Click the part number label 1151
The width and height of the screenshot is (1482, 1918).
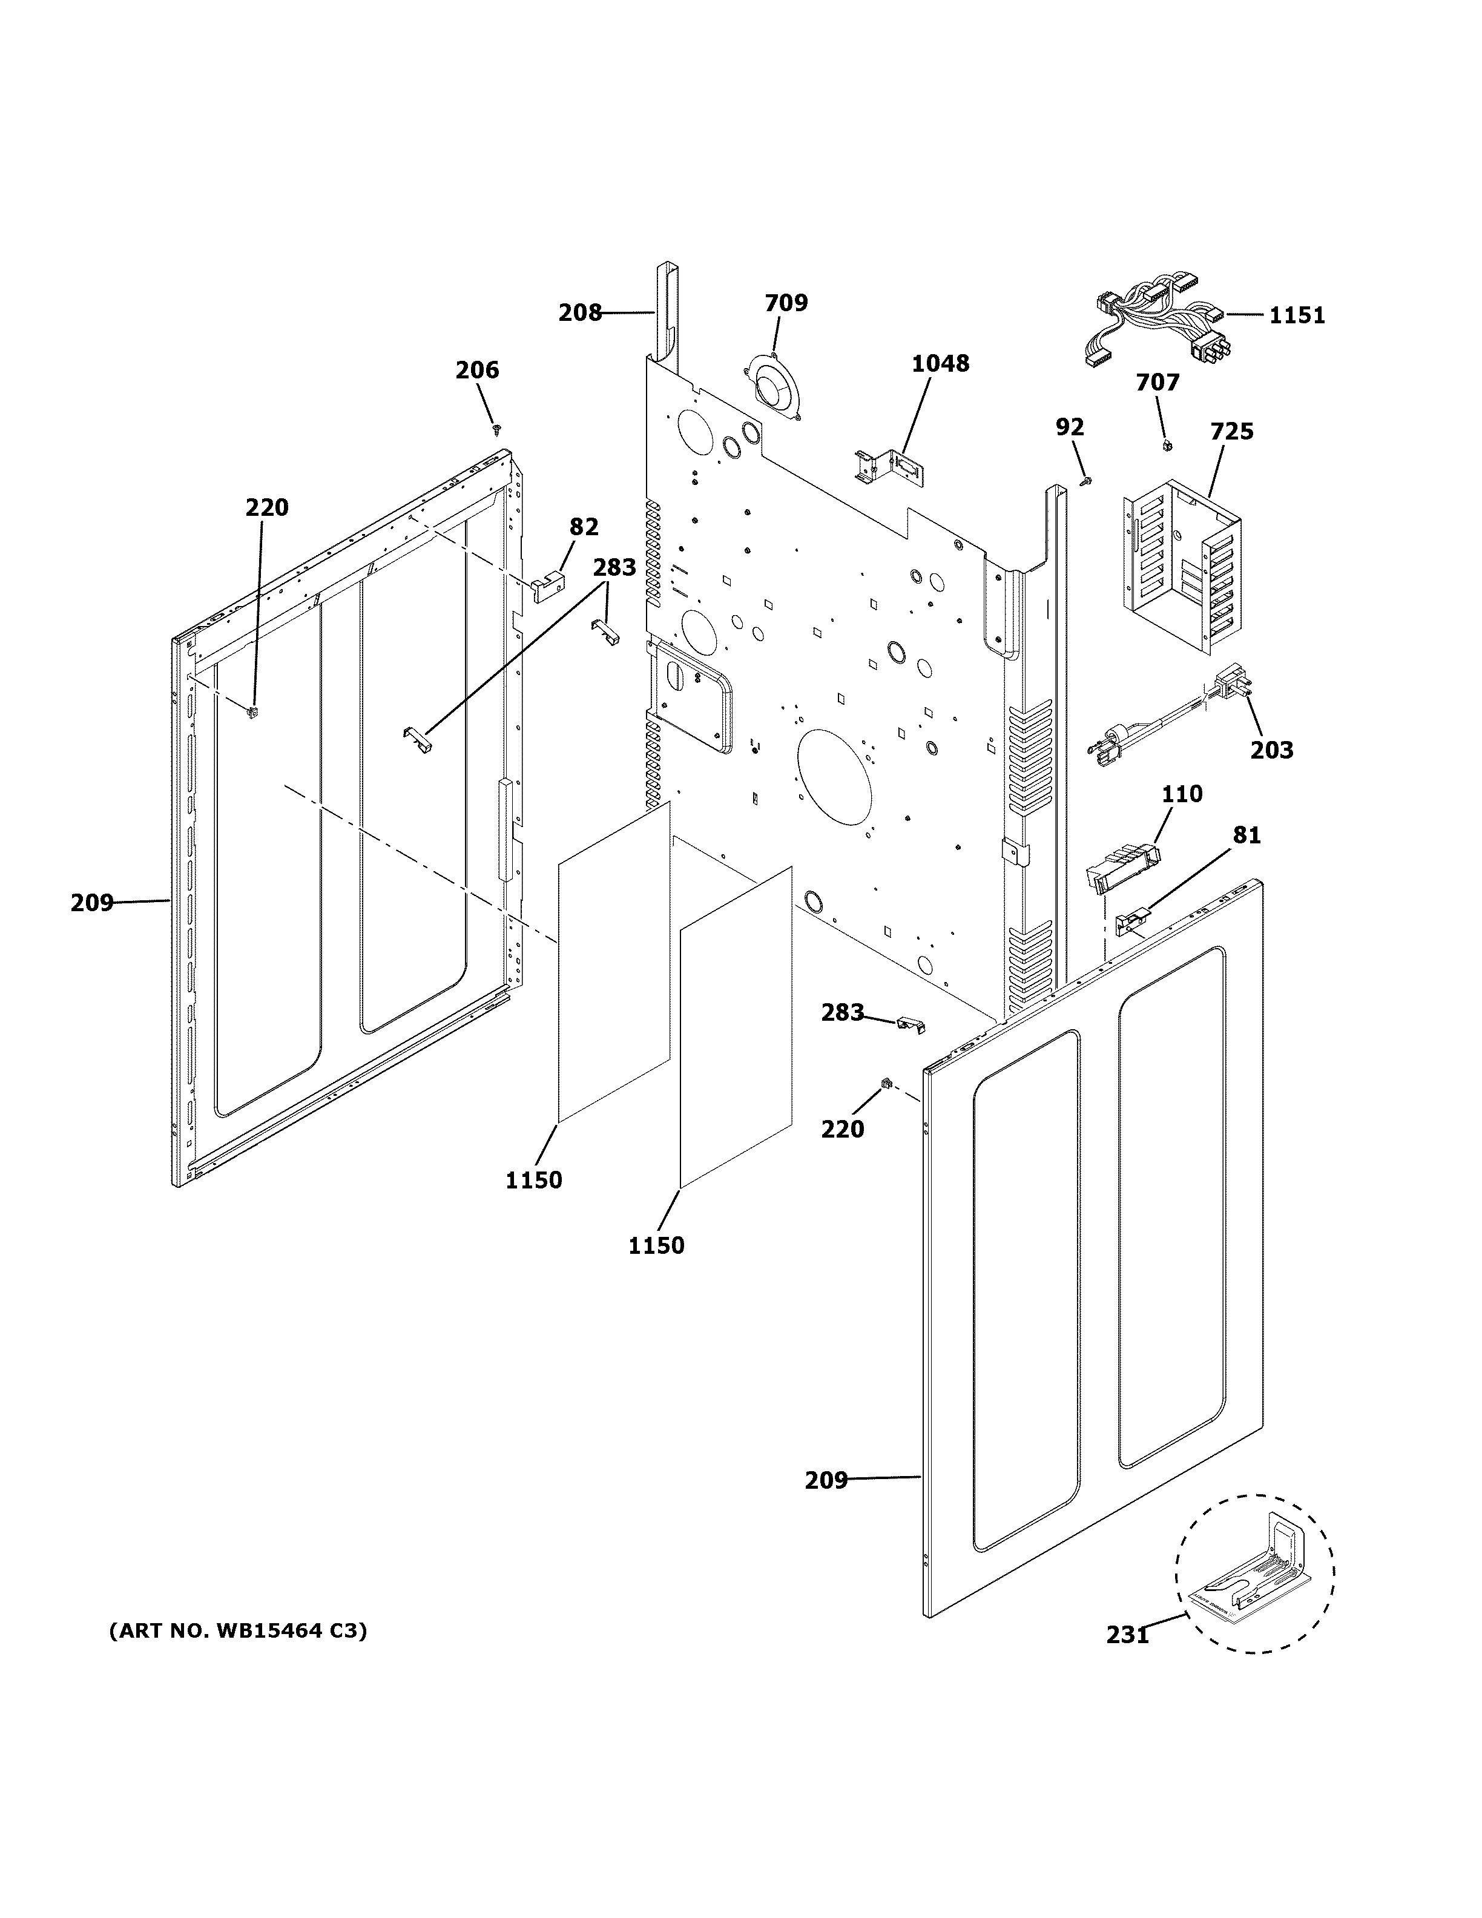1296,315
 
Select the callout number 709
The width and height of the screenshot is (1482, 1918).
786,303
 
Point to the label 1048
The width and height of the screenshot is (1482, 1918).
940,364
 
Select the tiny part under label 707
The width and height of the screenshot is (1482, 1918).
1167,446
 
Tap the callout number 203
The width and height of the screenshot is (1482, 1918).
1271,750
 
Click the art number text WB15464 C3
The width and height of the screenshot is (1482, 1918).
237,1631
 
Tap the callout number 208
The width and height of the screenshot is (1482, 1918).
579,312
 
